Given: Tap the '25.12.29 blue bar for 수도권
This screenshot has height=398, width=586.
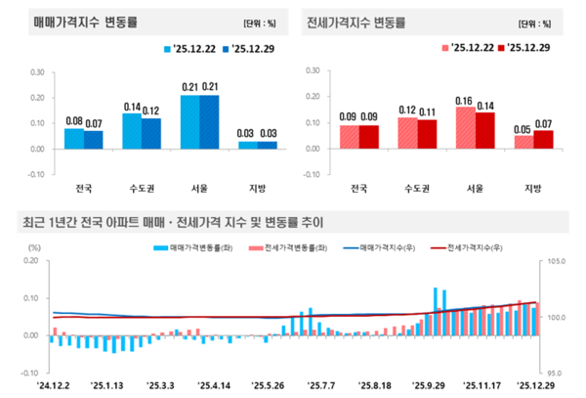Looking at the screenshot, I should pyautogui.click(x=150, y=133).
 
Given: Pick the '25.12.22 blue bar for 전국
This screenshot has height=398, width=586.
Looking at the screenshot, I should pyautogui.click(x=74, y=139).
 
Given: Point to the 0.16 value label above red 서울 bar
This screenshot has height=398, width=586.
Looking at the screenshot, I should pyautogui.click(x=466, y=100).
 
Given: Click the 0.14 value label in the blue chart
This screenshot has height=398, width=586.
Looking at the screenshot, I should pyautogui.click(x=132, y=106).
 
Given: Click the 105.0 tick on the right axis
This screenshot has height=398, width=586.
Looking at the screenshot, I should pyautogui.click(x=558, y=262).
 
